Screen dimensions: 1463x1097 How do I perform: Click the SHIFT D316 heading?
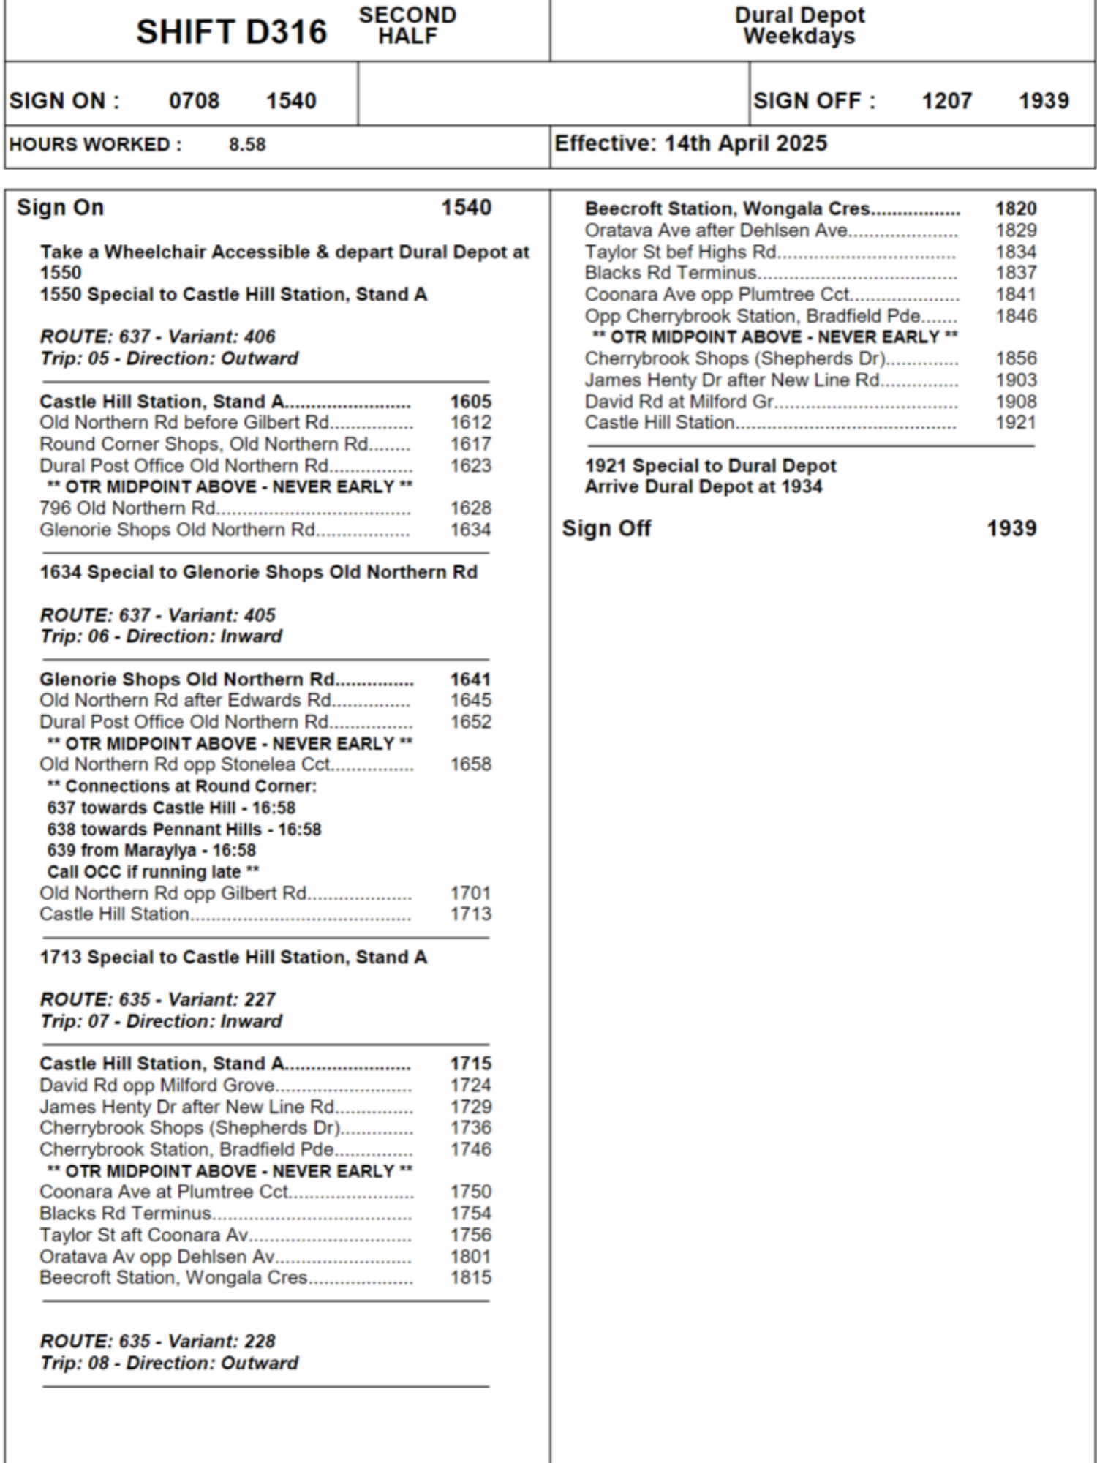coord(231,32)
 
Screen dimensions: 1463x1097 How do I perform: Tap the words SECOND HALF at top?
coord(407,26)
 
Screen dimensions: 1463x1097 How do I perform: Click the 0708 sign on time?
coord(194,101)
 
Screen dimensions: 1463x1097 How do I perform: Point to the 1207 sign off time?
coord(946,101)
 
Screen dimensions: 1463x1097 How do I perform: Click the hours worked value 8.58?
coord(247,144)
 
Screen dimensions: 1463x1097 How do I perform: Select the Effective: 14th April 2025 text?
coord(690,143)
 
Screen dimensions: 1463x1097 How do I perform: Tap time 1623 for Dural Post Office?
coord(470,465)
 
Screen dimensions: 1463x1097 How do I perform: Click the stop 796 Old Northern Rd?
coord(127,508)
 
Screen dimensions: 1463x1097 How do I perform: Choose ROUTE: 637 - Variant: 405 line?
coord(157,615)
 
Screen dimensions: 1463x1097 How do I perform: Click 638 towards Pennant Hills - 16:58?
coord(184,829)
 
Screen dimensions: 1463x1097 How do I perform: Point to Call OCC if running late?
coord(152,872)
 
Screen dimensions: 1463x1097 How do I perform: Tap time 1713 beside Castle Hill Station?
coord(470,914)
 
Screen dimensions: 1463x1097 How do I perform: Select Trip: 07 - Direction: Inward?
coord(160,1021)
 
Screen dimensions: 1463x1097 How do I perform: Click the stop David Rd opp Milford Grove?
coord(157,1085)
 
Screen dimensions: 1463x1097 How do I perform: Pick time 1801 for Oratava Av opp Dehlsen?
coord(470,1257)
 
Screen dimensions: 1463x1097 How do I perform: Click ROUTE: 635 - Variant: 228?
coord(157,1342)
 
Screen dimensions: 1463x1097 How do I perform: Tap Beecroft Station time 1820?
coord(1015,208)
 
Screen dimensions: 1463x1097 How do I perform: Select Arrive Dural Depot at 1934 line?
coord(703,486)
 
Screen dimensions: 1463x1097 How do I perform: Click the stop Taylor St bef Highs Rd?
coord(680,252)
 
